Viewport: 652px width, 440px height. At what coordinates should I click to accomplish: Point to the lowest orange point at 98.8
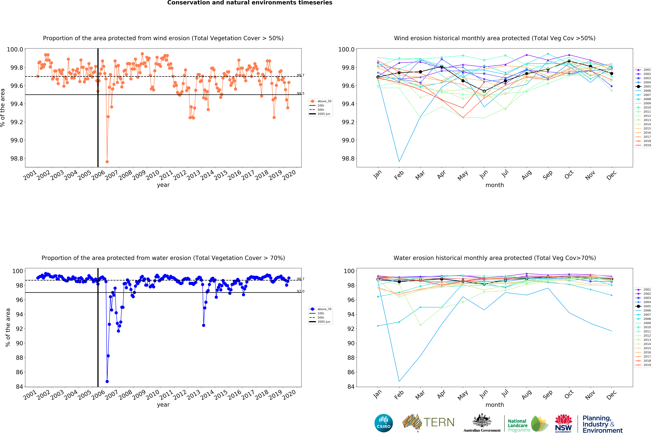click(107, 162)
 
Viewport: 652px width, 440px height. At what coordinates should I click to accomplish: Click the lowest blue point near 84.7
click(107, 381)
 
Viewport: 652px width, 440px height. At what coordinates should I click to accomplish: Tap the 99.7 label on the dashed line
click(300, 75)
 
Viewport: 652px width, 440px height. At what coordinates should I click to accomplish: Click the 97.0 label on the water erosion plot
click(300, 291)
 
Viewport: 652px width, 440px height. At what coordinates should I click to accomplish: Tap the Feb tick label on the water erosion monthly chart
click(399, 395)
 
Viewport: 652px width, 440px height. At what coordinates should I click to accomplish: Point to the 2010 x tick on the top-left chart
click(153, 175)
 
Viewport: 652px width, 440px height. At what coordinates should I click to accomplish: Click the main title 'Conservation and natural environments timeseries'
click(250, 3)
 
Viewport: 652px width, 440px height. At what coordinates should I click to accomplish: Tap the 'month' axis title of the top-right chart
click(495, 185)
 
